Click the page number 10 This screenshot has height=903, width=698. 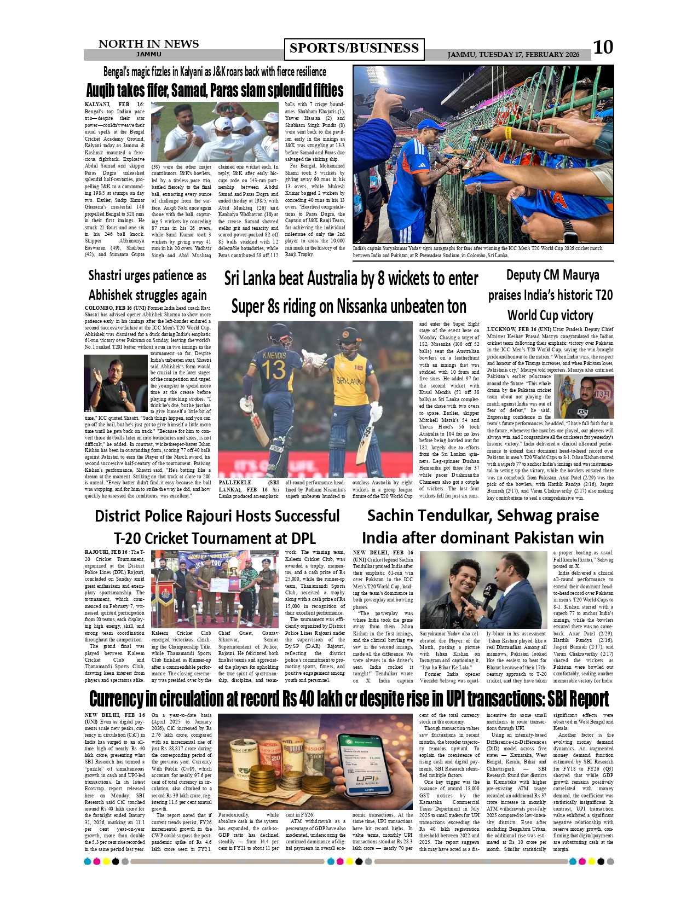click(603, 47)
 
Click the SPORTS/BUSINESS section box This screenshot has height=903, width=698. click(354, 49)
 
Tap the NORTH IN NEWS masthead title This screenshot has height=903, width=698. click(148, 44)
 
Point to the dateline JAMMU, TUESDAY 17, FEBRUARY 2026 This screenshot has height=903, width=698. click(513, 55)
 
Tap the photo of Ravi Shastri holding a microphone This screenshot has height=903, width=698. click(116, 384)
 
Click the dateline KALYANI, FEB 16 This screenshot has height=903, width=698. click(114, 105)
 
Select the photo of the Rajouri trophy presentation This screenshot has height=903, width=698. click(215, 589)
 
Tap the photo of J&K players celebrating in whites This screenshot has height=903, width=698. click(215, 132)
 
